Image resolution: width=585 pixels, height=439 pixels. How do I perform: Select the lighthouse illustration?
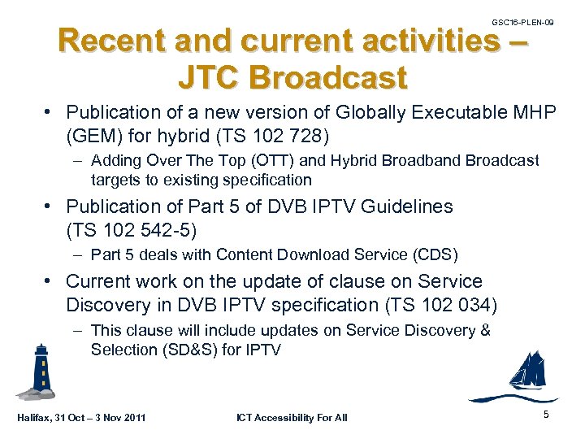click(38, 371)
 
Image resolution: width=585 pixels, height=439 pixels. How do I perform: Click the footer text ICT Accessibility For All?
click(292, 418)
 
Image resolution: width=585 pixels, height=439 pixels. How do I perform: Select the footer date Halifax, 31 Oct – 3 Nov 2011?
click(80, 418)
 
